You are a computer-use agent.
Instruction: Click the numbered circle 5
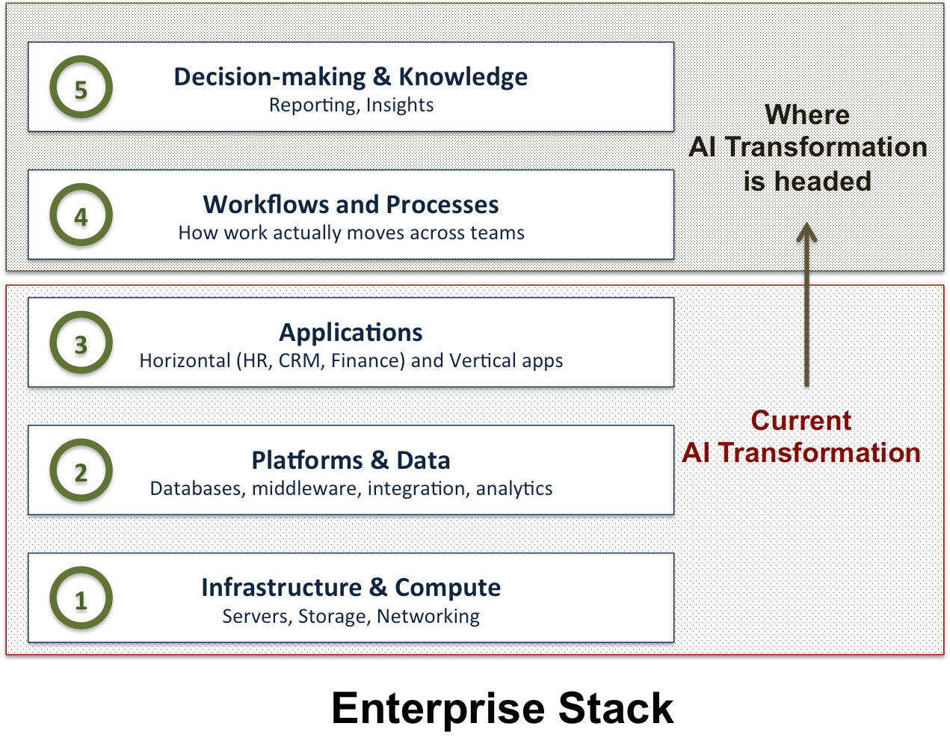point(81,87)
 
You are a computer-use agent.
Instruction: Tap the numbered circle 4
point(81,215)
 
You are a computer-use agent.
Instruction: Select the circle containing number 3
point(81,343)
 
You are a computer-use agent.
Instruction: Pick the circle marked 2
point(81,471)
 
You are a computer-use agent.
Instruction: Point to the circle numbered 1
point(81,599)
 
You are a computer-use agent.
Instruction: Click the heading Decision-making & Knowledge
point(351,77)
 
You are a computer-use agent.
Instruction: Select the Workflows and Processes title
point(351,205)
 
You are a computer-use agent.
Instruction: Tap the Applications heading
point(351,333)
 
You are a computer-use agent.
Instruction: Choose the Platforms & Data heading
point(351,461)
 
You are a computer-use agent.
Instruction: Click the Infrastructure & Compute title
point(351,588)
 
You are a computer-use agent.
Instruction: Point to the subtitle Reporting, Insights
point(351,105)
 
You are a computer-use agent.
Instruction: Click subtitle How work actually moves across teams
point(351,233)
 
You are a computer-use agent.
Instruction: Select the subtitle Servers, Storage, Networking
point(351,617)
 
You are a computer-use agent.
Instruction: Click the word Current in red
point(801,421)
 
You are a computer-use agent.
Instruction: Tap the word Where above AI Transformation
point(807,115)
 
